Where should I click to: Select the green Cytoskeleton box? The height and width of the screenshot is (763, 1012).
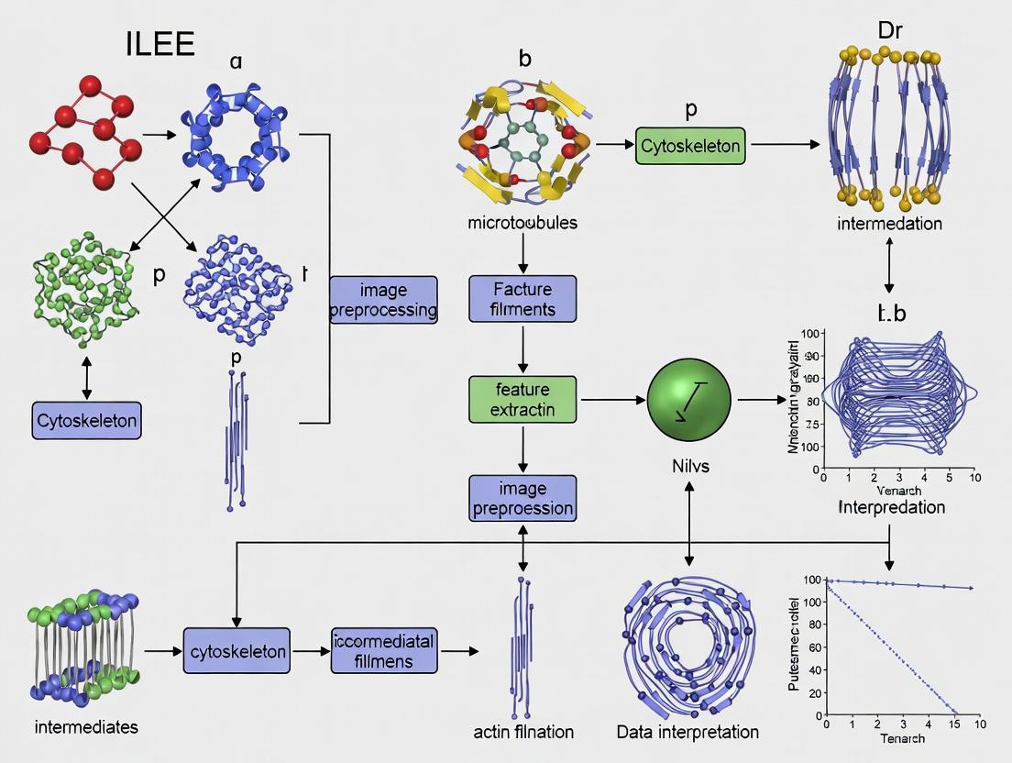tap(690, 145)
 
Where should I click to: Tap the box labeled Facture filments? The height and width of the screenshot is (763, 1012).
tap(522, 299)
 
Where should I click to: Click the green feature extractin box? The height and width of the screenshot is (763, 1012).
tap(522, 399)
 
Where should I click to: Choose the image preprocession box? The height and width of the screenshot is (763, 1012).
tap(522, 498)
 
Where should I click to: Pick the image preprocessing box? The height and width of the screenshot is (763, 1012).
tap(383, 299)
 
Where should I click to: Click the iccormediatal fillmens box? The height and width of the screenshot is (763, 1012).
tap(383, 650)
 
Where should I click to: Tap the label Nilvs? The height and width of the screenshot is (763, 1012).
tap(688, 467)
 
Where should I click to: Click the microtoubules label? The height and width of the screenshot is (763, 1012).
tap(522, 223)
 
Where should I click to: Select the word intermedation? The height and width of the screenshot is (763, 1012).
tap(890, 223)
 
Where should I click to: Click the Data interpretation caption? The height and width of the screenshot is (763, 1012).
tap(687, 732)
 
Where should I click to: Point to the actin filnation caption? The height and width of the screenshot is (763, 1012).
tap(522, 732)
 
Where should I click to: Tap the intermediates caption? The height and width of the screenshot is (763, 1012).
tap(86, 727)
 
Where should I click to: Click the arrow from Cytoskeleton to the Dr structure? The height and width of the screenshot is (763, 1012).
tap(783, 145)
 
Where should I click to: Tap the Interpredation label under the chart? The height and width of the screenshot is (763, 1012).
tap(891, 507)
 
